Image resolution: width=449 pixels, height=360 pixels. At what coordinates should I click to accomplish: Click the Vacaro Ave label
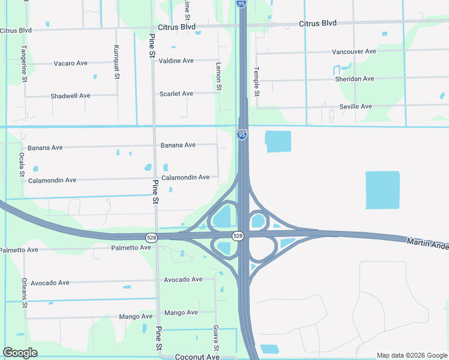point(71,64)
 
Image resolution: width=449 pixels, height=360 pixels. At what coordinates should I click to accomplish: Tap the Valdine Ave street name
point(176,61)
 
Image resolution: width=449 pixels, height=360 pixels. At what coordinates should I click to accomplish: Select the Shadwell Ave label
point(70,96)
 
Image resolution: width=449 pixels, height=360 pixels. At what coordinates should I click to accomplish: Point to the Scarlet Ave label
point(176,94)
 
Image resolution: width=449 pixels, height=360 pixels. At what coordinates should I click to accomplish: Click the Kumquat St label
point(116,62)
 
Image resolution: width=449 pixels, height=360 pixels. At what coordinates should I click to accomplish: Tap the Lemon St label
point(218,79)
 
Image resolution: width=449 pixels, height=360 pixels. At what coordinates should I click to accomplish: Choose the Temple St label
point(257,81)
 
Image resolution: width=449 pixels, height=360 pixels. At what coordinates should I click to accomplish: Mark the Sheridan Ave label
point(354,79)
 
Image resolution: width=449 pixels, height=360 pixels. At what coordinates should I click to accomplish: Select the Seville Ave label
point(355,106)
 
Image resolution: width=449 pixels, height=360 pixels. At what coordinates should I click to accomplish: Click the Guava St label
point(215,338)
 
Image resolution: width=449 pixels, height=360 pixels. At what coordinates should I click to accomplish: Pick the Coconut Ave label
point(197,356)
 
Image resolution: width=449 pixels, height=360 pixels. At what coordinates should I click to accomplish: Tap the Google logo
point(20,353)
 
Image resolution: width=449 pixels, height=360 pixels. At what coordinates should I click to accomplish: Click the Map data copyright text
point(411,355)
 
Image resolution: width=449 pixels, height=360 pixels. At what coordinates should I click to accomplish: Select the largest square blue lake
point(382,190)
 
